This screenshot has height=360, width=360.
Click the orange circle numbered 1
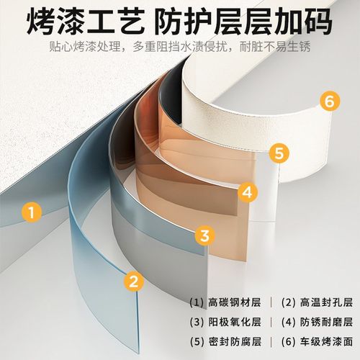pyautogui.click(x=29, y=212)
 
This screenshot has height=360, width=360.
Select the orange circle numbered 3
pyautogui.click(x=204, y=235)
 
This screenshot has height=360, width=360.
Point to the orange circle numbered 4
pyautogui.click(x=247, y=192)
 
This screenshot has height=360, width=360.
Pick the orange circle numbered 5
pyautogui.click(x=280, y=153)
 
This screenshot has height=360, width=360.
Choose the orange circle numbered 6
pyautogui.click(x=329, y=102)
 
